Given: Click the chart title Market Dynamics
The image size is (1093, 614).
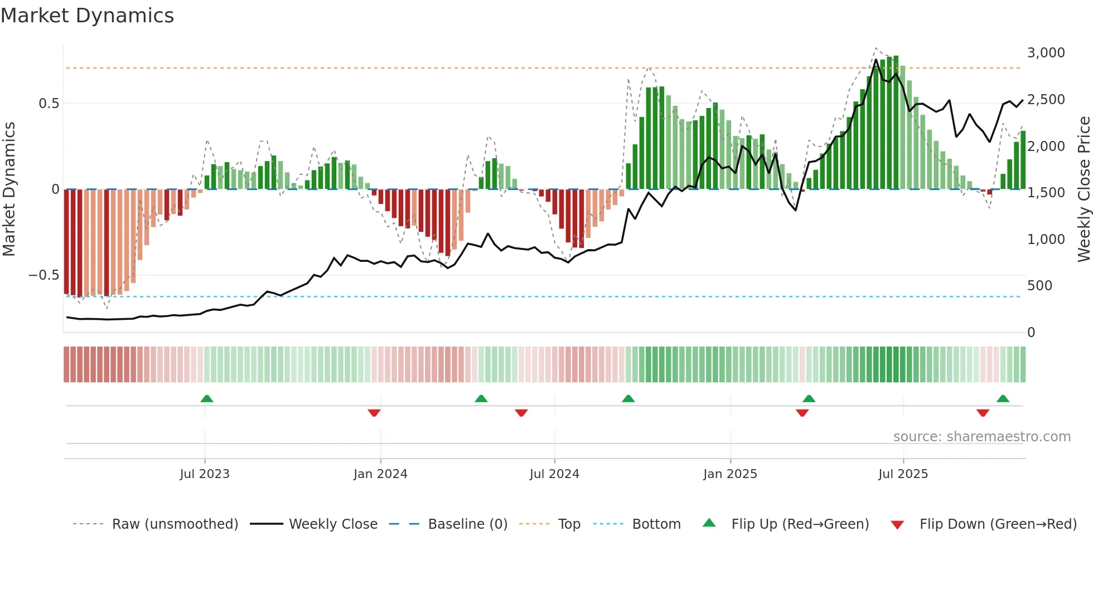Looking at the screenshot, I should tap(87, 16).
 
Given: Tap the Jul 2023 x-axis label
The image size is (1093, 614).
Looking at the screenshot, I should tap(205, 474).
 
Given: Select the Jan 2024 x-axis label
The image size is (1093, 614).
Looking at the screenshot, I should tap(380, 474).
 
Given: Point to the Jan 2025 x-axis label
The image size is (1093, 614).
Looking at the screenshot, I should tap(730, 474).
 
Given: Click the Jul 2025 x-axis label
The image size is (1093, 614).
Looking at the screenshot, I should tap(903, 474).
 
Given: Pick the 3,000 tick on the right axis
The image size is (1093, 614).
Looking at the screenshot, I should tap(1046, 53).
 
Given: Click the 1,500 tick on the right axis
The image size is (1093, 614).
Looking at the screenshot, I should tap(1046, 193).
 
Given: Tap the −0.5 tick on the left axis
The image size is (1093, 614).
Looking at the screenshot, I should tap(43, 275).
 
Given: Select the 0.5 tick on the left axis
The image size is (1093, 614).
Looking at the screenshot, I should tap(49, 104).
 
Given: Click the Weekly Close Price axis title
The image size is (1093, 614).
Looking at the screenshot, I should tap(1084, 189).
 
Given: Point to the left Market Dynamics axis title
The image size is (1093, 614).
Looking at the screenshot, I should tap(9, 189).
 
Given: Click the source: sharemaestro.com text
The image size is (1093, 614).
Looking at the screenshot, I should tap(981, 437).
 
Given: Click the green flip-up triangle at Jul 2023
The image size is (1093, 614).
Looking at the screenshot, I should tap(207, 399).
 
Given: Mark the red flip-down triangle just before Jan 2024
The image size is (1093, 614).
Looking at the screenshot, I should tap(374, 413).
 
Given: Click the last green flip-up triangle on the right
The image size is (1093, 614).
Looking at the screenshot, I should tap(1003, 399).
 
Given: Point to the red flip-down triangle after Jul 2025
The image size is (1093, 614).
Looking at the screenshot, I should tap(983, 413).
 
